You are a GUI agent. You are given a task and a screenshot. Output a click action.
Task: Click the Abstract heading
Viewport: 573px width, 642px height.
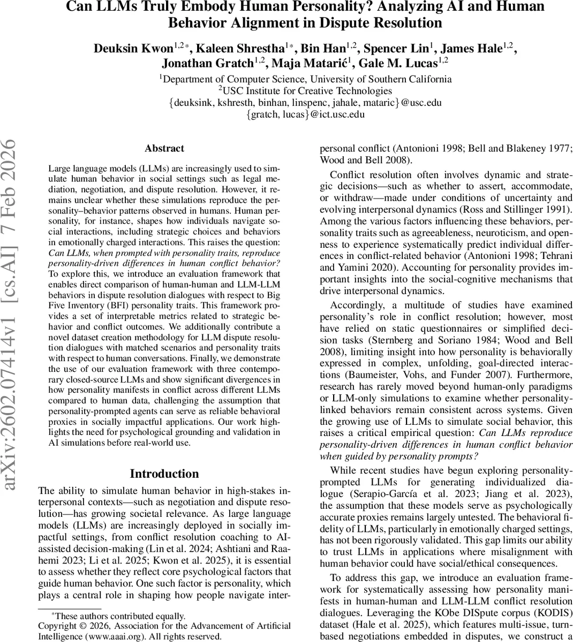164,149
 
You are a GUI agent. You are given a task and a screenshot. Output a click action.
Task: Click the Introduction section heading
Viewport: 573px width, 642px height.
164,473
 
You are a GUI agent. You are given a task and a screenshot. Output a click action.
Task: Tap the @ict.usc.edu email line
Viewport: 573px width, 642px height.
305,114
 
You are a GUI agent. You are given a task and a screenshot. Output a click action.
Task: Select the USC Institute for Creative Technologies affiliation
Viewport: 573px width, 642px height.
305,90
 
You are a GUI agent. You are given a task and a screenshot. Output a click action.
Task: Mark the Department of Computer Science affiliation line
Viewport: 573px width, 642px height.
305,79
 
